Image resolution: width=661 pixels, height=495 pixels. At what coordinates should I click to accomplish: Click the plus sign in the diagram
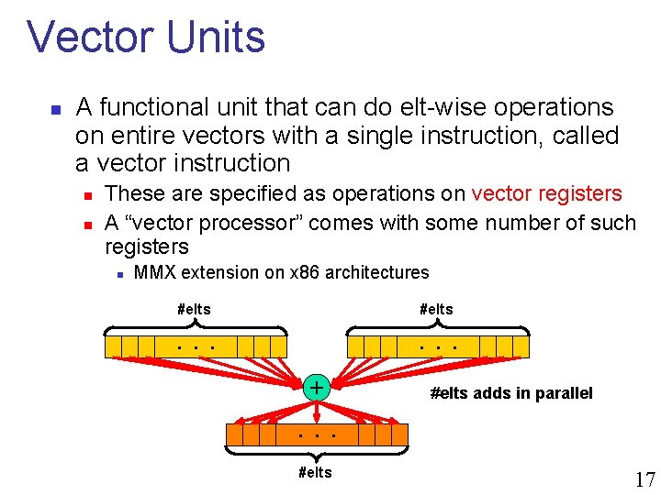(316, 388)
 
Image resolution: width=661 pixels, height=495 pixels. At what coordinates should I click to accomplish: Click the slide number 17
(644, 479)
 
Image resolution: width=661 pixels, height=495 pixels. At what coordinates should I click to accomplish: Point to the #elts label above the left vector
(194, 310)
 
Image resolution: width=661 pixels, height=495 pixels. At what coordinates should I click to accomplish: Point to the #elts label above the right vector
(436, 310)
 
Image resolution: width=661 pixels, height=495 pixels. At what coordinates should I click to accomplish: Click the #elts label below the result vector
(316, 472)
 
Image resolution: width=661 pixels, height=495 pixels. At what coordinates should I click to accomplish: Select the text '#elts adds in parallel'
(511, 393)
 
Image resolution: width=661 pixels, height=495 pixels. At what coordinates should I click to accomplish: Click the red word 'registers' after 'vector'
(581, 194)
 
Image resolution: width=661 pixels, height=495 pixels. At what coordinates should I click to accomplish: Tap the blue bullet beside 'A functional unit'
(55, 109)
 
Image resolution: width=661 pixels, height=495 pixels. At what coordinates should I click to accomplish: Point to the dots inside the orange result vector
(316, 433)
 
